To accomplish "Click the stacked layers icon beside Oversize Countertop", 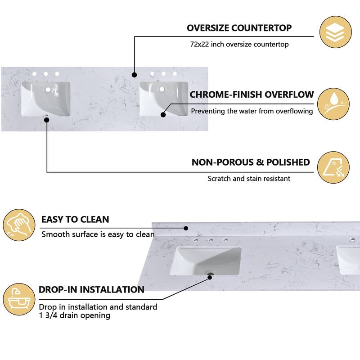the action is [x=335, y=32].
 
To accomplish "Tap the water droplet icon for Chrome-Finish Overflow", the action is [x=333, y=104].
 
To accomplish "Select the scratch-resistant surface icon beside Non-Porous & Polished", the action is [x=333, y=167].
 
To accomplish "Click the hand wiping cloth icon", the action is [x=19, y=225].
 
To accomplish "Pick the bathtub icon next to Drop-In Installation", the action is [x=19, y=299].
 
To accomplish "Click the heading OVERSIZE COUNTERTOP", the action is [x=239, y=28].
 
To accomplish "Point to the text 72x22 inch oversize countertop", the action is [x=239, y=44].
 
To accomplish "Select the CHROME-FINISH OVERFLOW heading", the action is [x=252, y=94].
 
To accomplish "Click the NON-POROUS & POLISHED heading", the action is [x=251, y=162].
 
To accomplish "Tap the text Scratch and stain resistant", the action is [x=249, y=178].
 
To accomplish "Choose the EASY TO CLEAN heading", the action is [x=75, y=220].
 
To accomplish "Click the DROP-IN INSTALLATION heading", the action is [x=91, y=289].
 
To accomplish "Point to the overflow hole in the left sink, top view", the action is [x=48, y=90].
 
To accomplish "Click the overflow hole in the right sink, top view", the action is [x=162, y=89].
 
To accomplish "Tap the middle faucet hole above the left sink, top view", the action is [x=46, y=74].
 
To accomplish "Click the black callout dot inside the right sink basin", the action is [x=163, y=114].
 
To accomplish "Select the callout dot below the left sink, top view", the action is [x=47, y=120].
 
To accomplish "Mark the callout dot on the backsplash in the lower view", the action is [x=186, y=228].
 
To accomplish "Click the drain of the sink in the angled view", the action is [x=209, y=274].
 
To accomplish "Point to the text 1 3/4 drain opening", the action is [x=74, y=315].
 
